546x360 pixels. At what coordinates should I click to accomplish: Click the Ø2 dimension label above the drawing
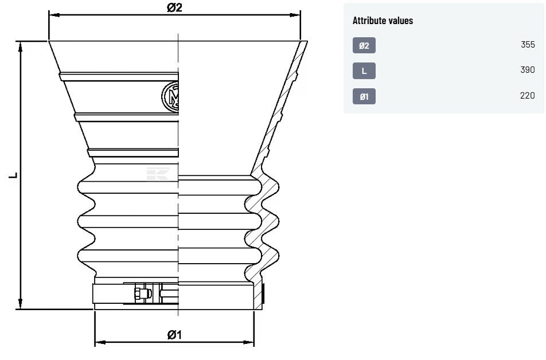pos(174,7)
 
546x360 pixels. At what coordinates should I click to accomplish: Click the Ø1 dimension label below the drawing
pos(174,335)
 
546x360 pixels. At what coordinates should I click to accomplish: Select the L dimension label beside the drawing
pos(13,175)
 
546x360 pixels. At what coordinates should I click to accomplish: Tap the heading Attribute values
pos(383,21)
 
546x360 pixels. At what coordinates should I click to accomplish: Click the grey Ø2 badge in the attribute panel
pos(364,45)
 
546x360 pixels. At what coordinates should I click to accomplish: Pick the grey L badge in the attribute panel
pos(364,71)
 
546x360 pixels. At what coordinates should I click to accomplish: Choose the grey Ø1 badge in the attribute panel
pos(364,96)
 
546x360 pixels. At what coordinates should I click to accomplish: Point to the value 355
pos(528,45)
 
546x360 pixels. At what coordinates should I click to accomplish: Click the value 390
pos(528,69)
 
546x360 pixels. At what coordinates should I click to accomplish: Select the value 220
pos(528,95)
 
